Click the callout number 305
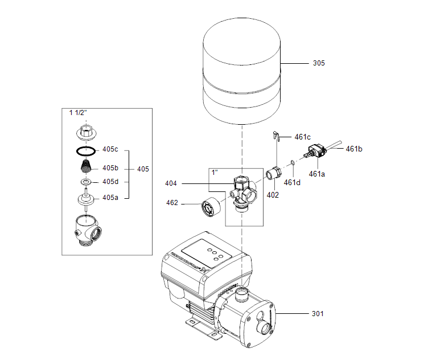pos(319,63)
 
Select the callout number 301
pos(318,313)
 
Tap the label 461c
pos(302,137)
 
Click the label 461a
pos(317,174)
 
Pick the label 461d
pos(292,182)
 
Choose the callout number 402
pos(273,194)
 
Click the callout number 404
pos(171,184)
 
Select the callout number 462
pos(172,203)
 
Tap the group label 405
pos(143,169)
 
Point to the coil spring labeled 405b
pos(85,167)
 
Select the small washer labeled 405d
pos(85,182)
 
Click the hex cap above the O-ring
pos(85,133)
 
